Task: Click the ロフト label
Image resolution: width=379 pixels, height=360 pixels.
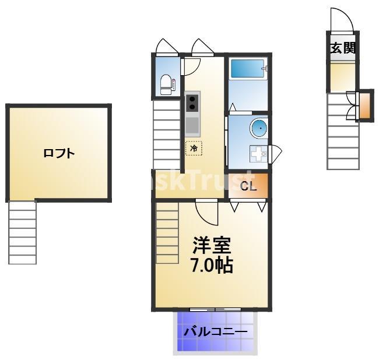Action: tap(59, 154)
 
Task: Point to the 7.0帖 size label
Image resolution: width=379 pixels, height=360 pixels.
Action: tap(212, 266)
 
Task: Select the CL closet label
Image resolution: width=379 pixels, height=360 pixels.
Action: tap(248, 186)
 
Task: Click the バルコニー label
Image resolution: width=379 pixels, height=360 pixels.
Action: tap(216, 332)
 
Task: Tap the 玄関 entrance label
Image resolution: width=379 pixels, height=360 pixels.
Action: tap(343, 48)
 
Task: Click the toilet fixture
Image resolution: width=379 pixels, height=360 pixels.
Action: tap(167, 84)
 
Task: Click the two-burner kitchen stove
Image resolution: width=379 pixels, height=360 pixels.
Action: tap(192, 104)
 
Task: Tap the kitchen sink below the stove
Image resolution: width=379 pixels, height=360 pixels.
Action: tap(192, 125)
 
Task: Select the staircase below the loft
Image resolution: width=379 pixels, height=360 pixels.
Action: tap(22, 231)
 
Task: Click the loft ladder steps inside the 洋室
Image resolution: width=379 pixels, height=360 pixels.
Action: tap(167, 232)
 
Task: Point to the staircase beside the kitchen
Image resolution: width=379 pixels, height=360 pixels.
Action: tap(167, 135)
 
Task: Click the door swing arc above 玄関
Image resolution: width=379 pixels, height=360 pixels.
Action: tap(341, 20)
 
